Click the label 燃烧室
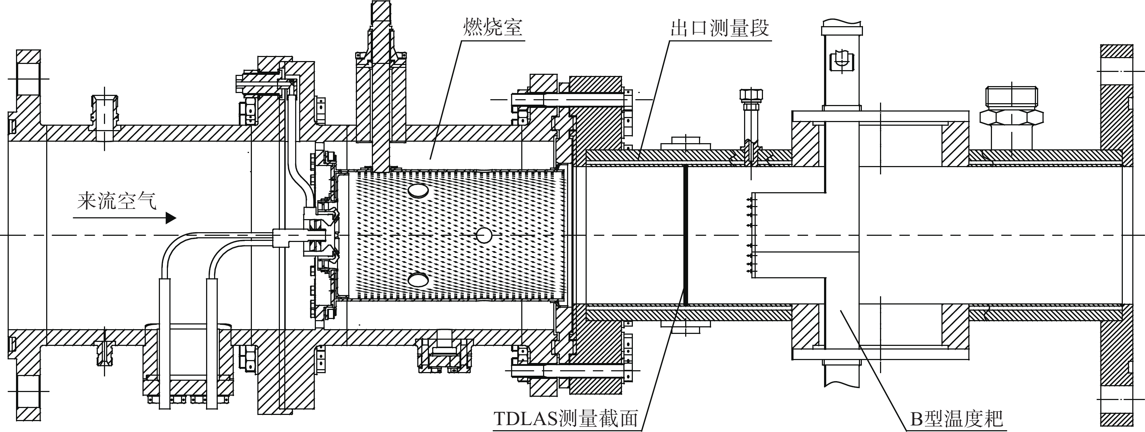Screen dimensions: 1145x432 tap(493, 28)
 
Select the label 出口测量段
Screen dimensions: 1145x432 tap(720, 28)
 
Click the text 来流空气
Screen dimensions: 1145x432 tap(117, 201)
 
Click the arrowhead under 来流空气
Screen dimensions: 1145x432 tap(171, 218)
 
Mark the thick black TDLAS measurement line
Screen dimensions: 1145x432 tap(686, 235)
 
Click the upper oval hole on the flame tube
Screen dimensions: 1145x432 tap(418, 191)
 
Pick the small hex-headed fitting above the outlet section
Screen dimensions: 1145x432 tap(752, 95)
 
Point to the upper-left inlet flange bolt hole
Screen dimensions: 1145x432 tap(28, 79)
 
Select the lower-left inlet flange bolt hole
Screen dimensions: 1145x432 tap(28, 391)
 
